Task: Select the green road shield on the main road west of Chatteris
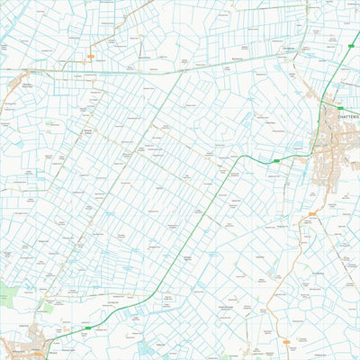click(x=276, y=160)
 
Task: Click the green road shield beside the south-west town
click(x=87, y=328)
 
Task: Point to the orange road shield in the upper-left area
click(x=90, y=57)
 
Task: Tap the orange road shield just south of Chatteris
click(x=312, y=213)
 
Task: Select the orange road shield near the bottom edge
click(x=290, y=343)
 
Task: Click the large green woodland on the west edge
click(x=7, y=293)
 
